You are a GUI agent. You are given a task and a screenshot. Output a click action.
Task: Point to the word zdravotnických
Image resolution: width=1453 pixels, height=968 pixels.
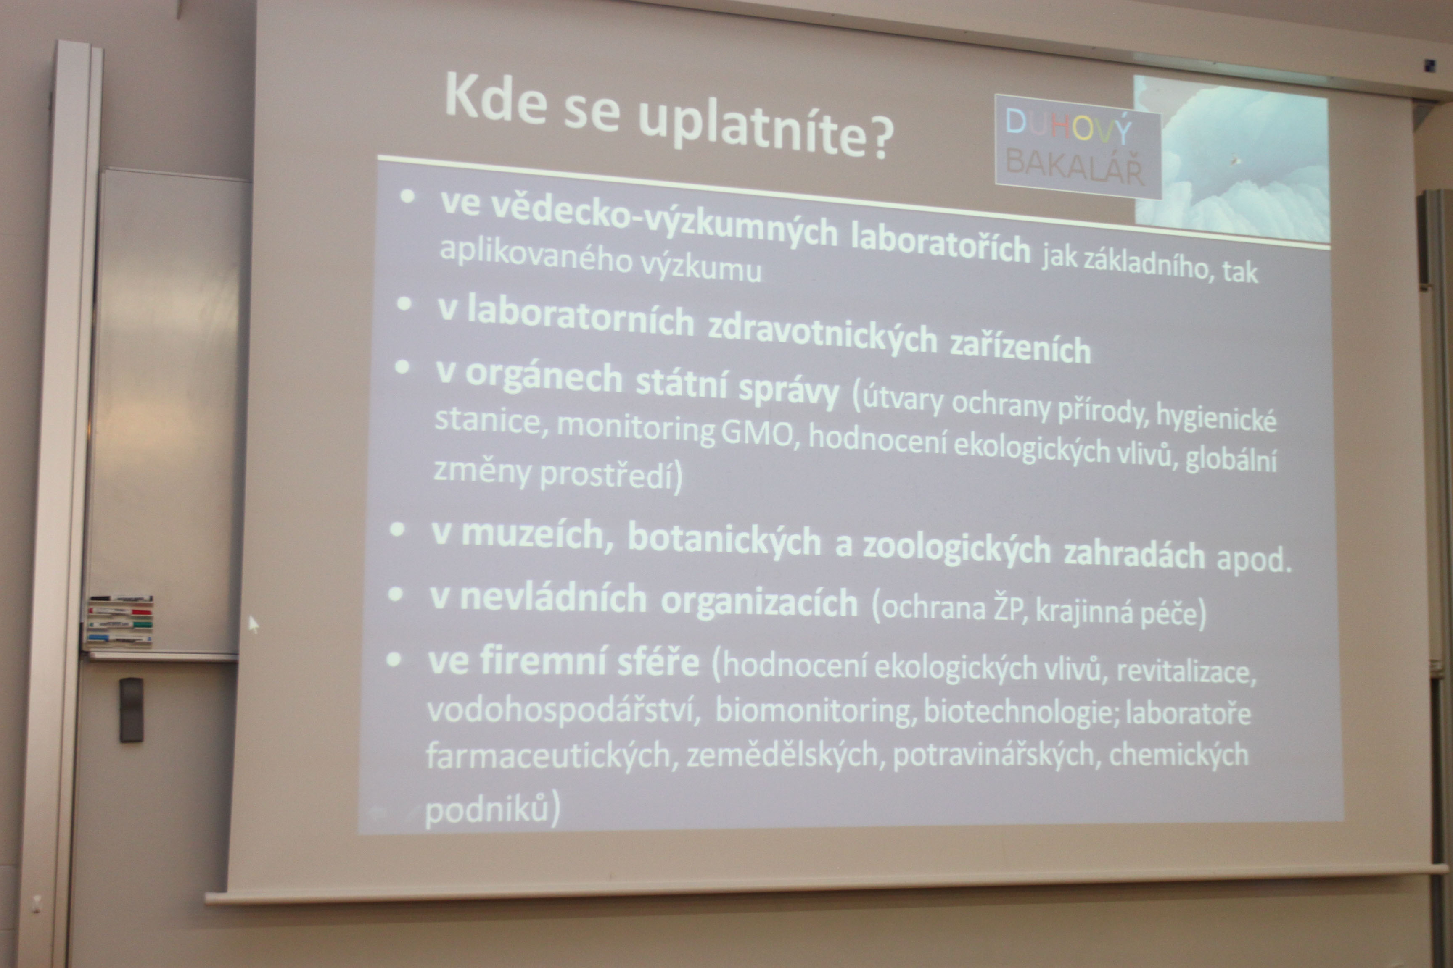coord(822,337)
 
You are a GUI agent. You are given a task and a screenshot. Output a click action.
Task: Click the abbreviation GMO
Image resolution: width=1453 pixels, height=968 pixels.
coord(757,434)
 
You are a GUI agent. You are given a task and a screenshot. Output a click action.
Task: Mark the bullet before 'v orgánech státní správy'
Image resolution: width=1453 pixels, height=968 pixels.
coord(402,367)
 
